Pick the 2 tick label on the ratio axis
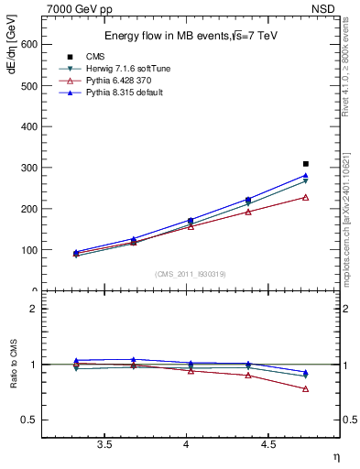pyautogui.click(x=34, y=309)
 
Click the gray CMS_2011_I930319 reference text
pyautogui.click(x=191, y=274)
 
